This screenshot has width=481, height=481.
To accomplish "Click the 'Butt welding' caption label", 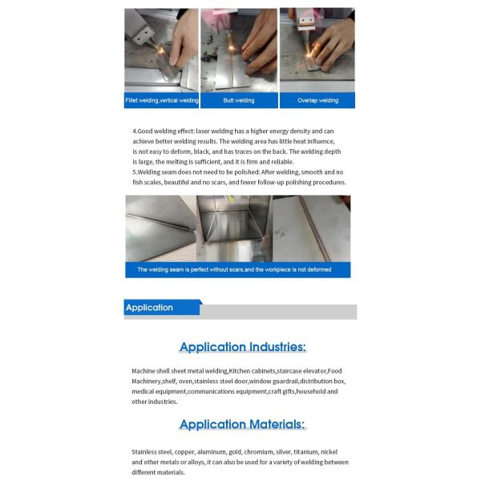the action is (239, 100).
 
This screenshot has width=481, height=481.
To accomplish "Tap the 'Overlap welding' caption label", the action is (317, 100).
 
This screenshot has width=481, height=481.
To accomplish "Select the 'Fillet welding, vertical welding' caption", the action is (162, 100).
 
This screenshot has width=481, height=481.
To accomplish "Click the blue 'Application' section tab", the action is (163, 307).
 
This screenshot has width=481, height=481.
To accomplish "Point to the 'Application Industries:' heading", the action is (243, 347).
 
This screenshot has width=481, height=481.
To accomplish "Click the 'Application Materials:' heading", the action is (242, 424).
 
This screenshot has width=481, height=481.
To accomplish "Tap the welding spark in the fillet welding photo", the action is (160, 49).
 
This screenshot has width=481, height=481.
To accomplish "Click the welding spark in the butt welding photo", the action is (232, 47).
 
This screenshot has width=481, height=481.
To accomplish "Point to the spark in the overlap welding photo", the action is (309, 55).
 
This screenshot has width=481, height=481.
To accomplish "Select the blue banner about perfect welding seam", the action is (238, 269).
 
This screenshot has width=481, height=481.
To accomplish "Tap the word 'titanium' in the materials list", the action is (305, 452).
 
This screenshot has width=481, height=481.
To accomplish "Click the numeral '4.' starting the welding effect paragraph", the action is (135, 131).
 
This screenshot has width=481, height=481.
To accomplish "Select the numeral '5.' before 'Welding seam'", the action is (135, 172).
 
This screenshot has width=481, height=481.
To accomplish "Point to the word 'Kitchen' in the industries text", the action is (240, 371).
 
